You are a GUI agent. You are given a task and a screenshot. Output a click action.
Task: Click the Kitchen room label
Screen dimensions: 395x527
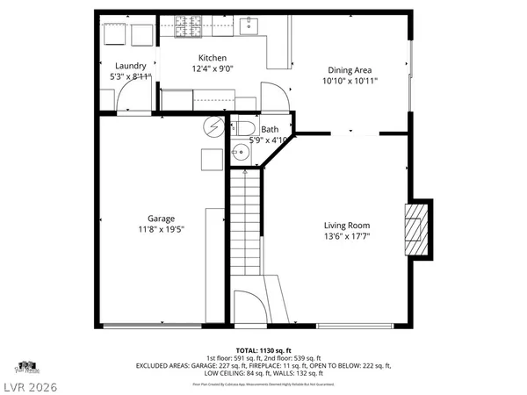(214, 58)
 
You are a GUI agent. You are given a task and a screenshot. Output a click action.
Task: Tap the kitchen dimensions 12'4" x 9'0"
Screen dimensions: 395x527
(214, 68)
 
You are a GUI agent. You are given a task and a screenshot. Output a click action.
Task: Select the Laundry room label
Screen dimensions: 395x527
(131, 66)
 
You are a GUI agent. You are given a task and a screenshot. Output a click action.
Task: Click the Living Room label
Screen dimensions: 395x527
(346, 225)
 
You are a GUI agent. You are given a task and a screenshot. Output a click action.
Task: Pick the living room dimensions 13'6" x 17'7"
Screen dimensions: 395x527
(346, 235)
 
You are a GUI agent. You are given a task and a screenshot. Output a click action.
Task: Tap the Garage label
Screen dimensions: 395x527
(161, 219)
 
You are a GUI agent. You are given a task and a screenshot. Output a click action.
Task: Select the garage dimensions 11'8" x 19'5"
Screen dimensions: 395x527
(161, 229)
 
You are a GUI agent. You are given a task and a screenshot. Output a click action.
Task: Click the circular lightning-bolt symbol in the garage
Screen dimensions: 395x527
(213, 126)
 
